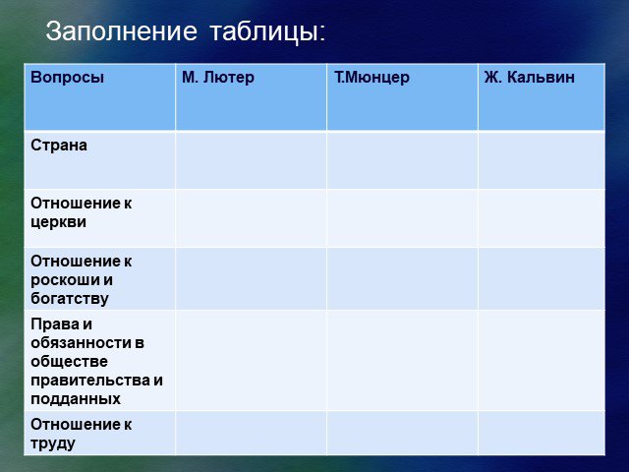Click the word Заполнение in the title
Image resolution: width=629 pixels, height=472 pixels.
(x=122, y=31)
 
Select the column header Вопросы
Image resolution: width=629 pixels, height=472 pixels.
(x=68, y=77)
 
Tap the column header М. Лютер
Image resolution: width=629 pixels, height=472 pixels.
(x=218, y=77)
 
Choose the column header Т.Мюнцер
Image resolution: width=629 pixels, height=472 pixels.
(x=372, y=77)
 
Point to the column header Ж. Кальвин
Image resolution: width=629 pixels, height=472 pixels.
(x=529, y=77)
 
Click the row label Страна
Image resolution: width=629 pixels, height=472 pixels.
(x=59, y=146)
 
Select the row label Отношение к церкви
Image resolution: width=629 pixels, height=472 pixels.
(x=81, y=212)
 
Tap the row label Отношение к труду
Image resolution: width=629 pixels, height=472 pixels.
(x=81, y=434)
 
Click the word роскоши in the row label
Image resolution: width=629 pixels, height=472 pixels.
(x=64, y=280)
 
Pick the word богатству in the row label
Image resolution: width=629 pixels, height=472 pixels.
(x=70, y=299)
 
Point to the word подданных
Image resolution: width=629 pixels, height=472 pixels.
(x=76, y=399)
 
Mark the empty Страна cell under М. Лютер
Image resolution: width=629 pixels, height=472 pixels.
(x=252, y=159)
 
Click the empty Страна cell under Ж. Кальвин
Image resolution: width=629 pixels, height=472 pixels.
(x=542, y=159)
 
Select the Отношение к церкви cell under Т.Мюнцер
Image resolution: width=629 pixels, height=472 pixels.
(x=402, y=218)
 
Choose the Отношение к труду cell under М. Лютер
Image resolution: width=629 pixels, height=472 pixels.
(x=252, y=433)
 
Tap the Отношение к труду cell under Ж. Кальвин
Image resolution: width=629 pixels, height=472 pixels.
(x=542, y=433)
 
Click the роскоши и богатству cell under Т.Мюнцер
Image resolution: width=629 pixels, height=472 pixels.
(x=402, y=278)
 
